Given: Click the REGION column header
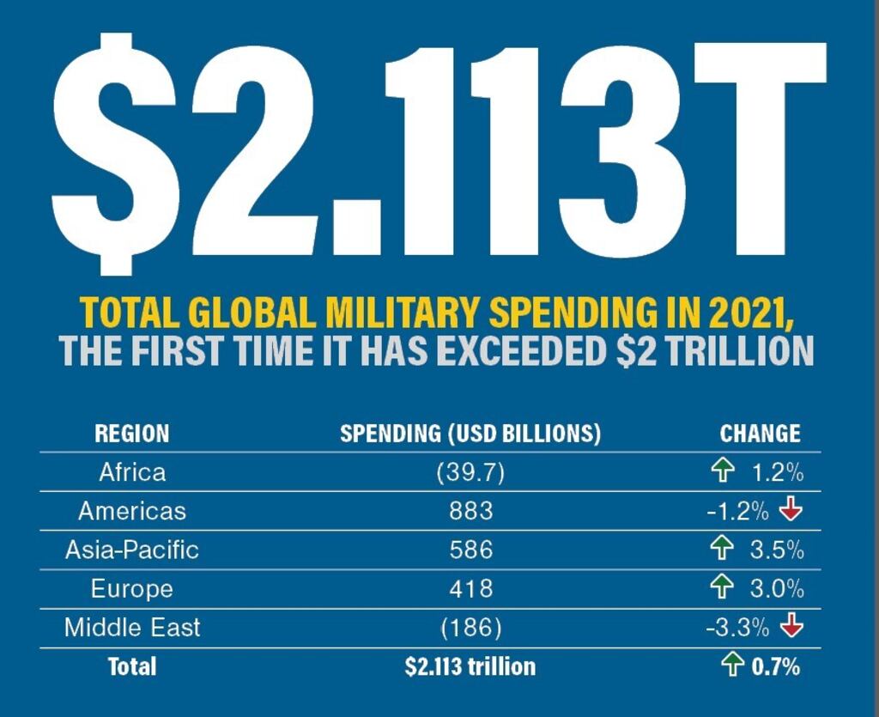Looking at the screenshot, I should [131, 433].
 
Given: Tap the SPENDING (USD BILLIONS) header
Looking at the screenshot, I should [470, 433].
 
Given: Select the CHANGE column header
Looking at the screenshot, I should [760, 433].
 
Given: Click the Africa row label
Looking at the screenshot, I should [132, 471].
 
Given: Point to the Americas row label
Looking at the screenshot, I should [132, 511].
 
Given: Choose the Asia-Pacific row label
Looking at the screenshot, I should [132, 550].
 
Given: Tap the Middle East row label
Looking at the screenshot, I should [132, 627].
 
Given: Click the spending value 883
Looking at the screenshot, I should [470, 511].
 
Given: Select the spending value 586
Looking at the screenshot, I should [470, 550].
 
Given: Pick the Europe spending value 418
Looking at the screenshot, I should [470, 589].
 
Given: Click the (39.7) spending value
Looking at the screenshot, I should [470, 471].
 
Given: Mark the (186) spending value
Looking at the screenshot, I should [470, 627].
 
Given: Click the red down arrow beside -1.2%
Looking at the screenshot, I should [791, 510].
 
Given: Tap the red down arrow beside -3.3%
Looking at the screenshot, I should [791, 627].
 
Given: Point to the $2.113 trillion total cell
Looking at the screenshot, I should [470, 666].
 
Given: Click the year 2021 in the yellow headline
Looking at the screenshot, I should [747, 313].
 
